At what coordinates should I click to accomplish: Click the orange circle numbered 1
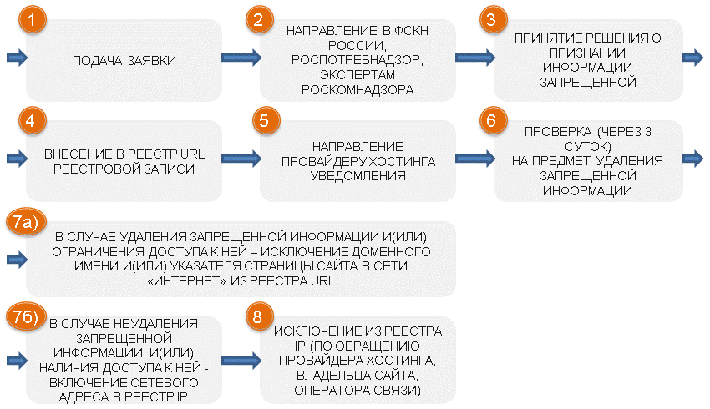(x=32, y=19)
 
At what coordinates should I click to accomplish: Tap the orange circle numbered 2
(x=260, y=19)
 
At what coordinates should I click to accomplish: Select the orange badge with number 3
(x=493, y=19)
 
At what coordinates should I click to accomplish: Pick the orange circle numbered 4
(x=32, y=120)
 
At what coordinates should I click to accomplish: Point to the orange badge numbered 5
(x=266, y=120)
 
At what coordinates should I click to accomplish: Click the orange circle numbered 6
(x=493, y=120)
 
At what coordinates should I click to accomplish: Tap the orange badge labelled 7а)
(x=26, y=222)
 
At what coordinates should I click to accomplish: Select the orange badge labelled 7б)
(x=26, y=316)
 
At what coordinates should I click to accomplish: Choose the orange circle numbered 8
(x=260, y=316)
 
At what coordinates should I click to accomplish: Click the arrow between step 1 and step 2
(x=241, y=58)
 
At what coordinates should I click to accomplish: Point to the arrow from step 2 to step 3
(x=475, y=58)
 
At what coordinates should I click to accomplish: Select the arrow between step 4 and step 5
(x=241, y=159)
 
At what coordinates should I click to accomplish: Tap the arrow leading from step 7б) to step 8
(x=241, y=361)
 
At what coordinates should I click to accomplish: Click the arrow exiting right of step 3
(x=692, y=58)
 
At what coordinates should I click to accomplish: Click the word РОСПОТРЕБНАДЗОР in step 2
(x=358, y=60)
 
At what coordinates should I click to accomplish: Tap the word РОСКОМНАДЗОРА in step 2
(x=358, y=90)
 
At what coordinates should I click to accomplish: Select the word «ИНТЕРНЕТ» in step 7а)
(x=186, y=281)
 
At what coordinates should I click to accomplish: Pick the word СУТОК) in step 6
(x=587, y=147)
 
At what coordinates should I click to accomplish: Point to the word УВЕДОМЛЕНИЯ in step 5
(x=358, y=176)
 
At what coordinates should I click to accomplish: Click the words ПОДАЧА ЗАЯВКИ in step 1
(x=124, y=61)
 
